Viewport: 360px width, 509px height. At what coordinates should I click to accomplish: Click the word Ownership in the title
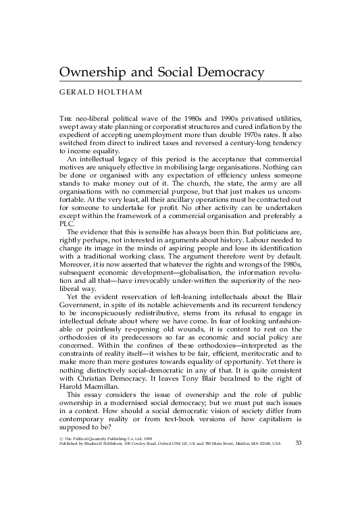coord(88,72)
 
